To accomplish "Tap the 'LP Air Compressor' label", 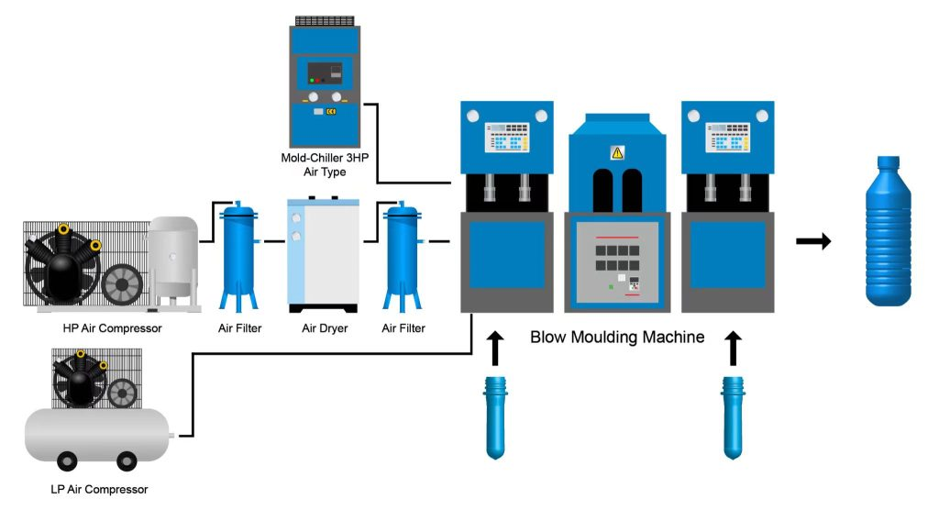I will coord(99,489).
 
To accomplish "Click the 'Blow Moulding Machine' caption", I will coord(617,338).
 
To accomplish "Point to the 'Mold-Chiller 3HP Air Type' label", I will coord(324,165).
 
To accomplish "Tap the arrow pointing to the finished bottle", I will coord(812,242).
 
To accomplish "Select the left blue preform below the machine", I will coord(495,415).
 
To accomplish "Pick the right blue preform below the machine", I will coord(732,415).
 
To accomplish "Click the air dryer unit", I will coord(323,253).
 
